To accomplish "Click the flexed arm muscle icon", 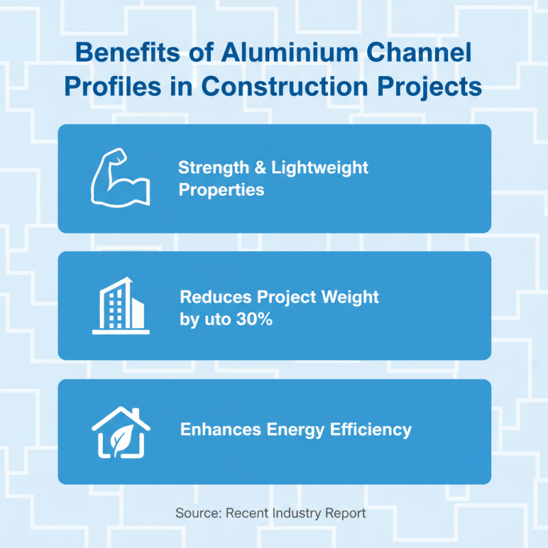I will (121, 178).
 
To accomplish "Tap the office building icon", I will (121, 306).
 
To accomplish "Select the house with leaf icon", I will (121, 432).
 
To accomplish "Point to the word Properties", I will (221, 190).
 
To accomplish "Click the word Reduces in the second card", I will (214, 297).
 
